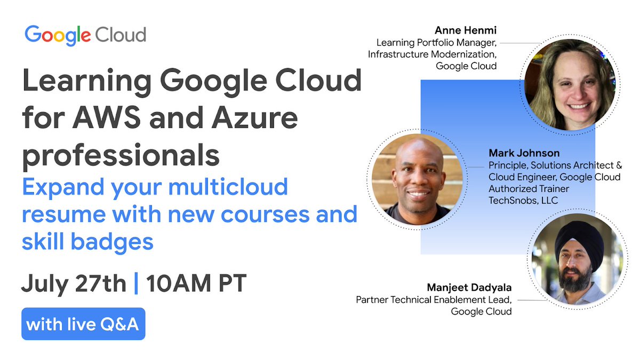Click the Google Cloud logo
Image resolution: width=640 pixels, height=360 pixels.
coord(85,35)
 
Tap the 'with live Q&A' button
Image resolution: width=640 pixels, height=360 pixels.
coord(83,324)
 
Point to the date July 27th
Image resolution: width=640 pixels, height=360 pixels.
coord(74,283)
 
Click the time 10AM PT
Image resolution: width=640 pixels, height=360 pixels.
coord(196,283)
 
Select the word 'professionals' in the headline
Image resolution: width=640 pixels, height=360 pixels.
coord(121,156)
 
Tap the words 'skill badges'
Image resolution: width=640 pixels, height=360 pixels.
coord(87,242)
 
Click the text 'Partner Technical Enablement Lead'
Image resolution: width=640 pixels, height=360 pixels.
coord(434,300)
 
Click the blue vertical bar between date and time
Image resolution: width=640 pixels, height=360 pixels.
coord(136,283)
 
